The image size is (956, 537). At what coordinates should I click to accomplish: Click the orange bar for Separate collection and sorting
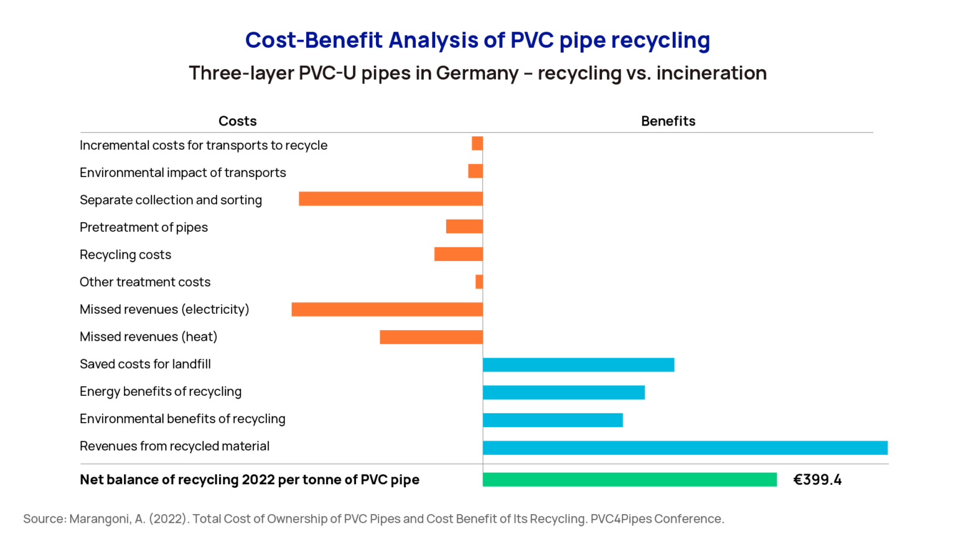(x=390, y=199)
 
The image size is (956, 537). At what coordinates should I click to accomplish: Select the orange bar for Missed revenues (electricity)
(x=387, y=309)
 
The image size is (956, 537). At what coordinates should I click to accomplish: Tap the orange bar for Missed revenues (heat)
(x=431, y=337)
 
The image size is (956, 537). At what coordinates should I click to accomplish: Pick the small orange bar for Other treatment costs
(x=479, y=282)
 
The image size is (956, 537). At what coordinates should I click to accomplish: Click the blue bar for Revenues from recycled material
(x=685, y=447)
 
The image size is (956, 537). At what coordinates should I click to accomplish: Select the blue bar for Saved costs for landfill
(x=578, y=365)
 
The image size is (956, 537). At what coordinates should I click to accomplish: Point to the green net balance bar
(x=629, y=479)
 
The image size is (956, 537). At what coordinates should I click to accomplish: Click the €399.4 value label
(x=817, y=480)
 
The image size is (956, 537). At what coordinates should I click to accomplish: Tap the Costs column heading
(x=237, y=121)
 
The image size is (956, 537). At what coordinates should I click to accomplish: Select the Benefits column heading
(x=668, y=121)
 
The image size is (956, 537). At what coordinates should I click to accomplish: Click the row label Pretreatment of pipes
(x=144, y=227)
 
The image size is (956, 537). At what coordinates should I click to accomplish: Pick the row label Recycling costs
(x=125, y=255)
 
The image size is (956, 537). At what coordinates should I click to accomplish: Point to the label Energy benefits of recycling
(x=161, y=392)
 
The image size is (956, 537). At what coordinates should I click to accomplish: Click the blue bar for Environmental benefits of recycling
(x=552, y=420)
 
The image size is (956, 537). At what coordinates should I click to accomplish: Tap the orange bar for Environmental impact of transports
(x=475, y=171)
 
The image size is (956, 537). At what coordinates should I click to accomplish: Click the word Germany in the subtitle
(x=477, y=73)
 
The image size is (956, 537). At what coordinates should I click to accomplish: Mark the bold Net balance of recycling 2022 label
(x=249, y=480)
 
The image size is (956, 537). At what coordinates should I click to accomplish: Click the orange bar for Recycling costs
(x=458, y=254)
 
